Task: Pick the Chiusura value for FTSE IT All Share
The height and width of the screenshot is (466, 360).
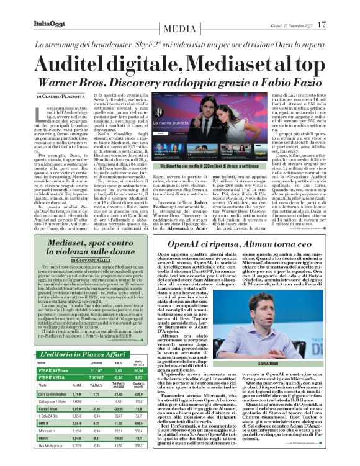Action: click(97, 370)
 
